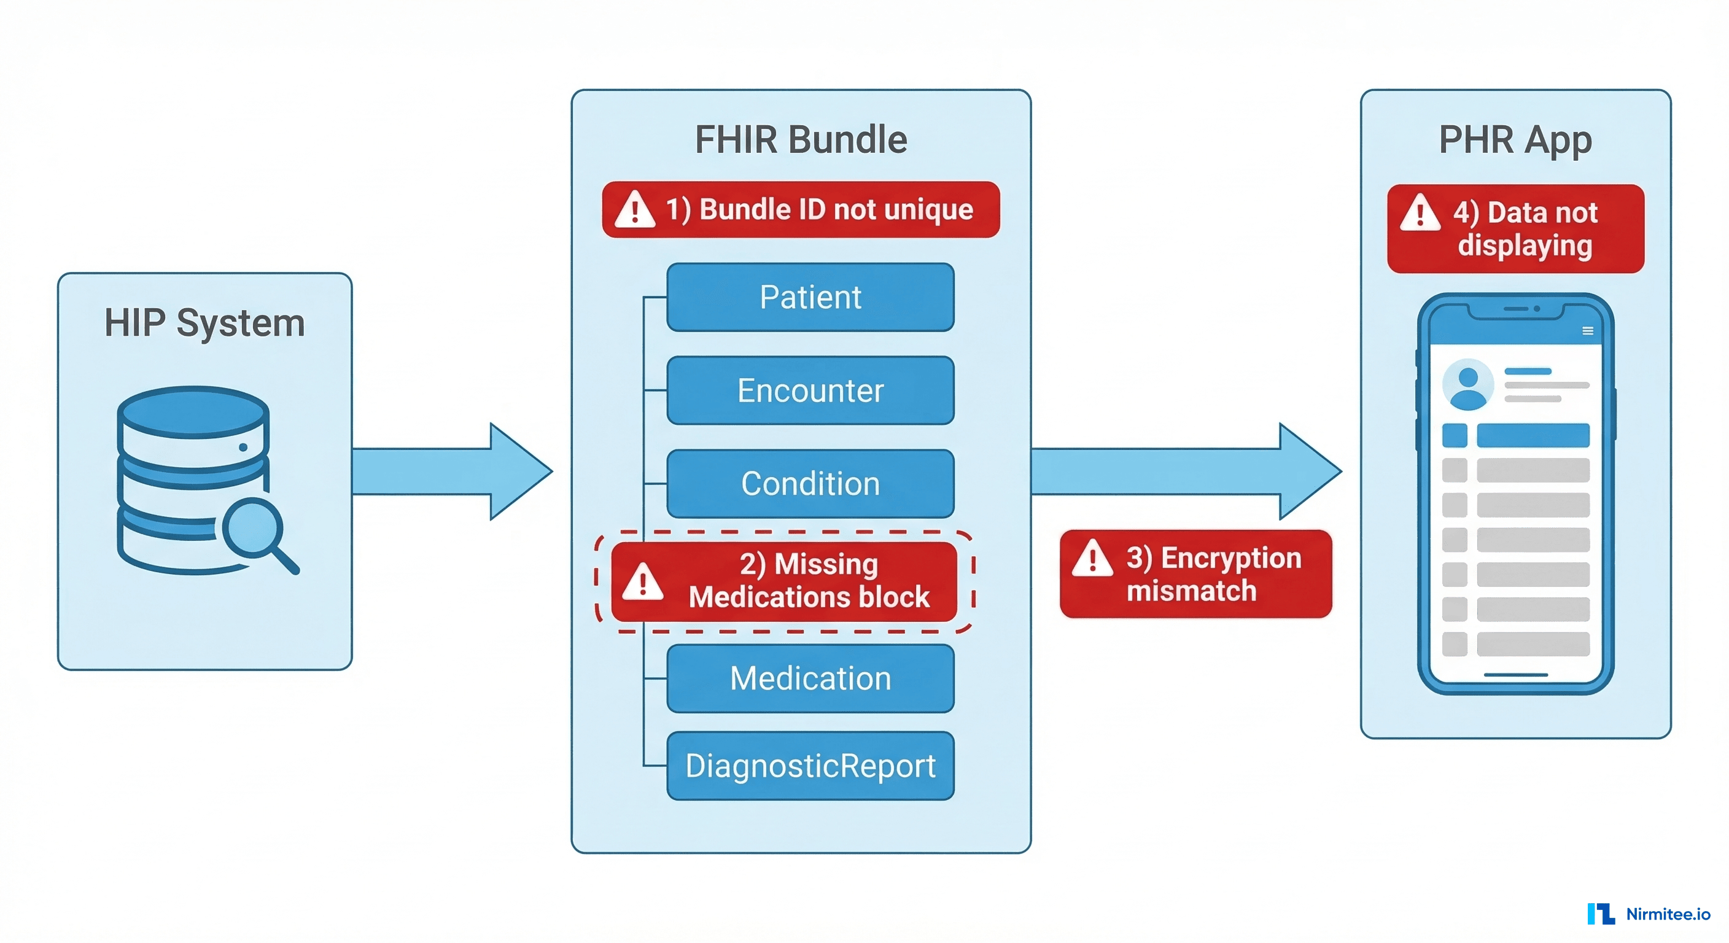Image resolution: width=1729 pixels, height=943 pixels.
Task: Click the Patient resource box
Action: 810,297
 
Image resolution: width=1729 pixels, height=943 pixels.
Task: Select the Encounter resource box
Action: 810,390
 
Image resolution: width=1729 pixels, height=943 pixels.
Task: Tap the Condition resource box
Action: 810,484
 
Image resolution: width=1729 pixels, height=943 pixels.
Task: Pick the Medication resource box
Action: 810,678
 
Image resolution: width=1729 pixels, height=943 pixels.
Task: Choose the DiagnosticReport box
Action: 810,766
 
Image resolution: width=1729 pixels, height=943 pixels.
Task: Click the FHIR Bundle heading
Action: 801,139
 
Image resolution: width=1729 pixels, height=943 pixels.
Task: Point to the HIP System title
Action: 204,323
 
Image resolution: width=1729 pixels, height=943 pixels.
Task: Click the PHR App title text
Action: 1515,140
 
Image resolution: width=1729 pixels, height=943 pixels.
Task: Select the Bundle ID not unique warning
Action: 801,209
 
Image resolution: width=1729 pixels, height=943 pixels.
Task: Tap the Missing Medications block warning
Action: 784,581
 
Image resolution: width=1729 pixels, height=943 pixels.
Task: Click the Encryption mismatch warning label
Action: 1195,574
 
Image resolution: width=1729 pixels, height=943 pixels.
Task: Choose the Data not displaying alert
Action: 1515,229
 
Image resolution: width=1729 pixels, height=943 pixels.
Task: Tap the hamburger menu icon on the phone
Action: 1587,331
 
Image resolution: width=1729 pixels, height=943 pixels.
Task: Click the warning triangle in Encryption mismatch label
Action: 1092,559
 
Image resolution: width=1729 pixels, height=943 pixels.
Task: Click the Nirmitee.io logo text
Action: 1668,914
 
